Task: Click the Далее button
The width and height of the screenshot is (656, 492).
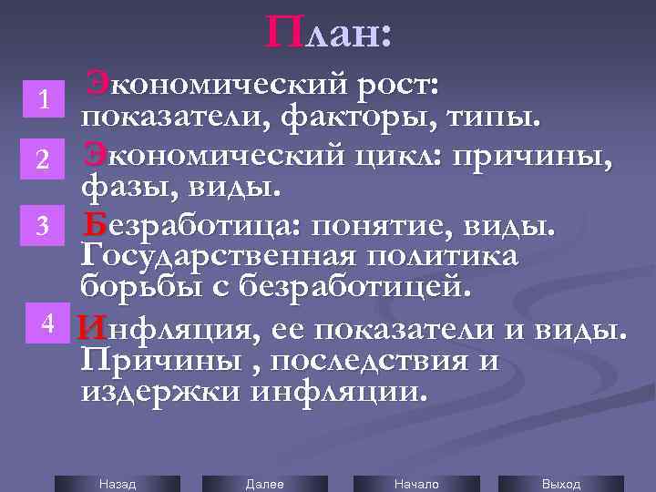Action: coord(265,484)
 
